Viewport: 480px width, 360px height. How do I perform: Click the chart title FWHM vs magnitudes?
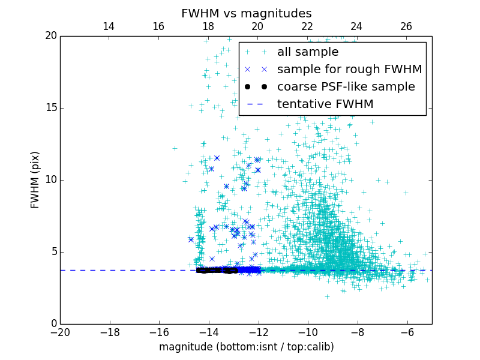[246, 13]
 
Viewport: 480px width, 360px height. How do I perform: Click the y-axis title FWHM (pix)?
[35, 180]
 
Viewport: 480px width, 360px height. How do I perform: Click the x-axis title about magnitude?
[246, 347]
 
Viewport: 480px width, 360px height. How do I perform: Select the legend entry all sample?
[308, 52]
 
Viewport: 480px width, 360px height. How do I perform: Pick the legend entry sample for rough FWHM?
[349, 70]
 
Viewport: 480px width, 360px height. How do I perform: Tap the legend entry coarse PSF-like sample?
[346, 87]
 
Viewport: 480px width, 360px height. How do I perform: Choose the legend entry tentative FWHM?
[325, 104]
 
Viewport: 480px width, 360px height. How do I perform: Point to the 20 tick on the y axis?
[51, 36]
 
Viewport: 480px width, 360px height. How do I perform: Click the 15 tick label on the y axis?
[51, 108]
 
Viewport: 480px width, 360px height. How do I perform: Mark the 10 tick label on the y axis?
[51, 180]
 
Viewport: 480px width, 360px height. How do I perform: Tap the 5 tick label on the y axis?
[53, 252]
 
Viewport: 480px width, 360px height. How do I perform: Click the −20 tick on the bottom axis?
[60, 332]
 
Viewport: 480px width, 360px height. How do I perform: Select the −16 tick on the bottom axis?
[159, 332]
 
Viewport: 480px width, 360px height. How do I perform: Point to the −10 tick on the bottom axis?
[308, 332]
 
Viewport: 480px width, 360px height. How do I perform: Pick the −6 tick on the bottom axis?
[407, 332]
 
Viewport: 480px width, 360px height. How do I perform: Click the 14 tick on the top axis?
[109, 26]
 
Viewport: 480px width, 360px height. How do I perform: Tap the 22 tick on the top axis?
[307, 26]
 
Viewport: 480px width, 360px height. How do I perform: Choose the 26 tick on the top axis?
[406, 26]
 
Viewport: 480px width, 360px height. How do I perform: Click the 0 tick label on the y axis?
[53, 324]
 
